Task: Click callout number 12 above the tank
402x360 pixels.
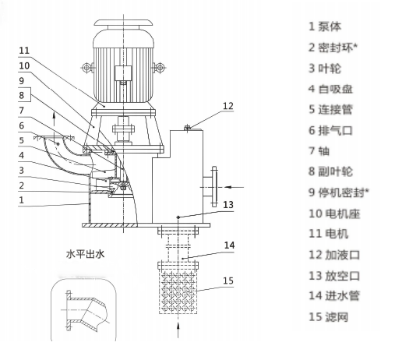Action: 228,106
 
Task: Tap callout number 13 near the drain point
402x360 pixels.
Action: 228,205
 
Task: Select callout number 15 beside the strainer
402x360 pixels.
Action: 228,281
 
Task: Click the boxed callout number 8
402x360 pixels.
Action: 22,95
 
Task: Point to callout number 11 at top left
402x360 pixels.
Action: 24,51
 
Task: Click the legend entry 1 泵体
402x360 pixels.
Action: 325,26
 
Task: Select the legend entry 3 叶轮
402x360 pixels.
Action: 325,69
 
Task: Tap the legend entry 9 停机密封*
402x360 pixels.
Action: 339,192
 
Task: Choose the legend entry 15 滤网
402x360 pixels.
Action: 329,317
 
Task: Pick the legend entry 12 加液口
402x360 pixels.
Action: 334,255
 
